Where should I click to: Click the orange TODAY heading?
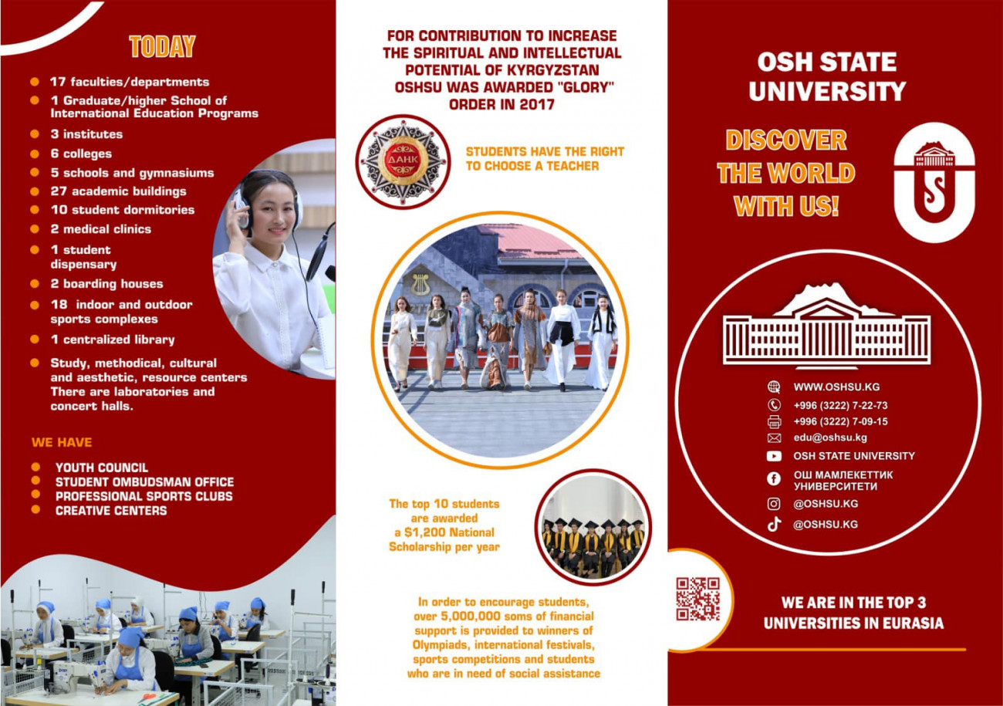pyautogui.click(x=162, y=46)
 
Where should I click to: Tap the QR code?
pyautogui.click(x=698, y=599)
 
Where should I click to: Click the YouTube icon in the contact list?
pyautogui.click(x=774, y=456)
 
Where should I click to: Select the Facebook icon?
pyautogui.click(x=774, y=479)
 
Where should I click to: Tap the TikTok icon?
pyautogui.click(x=774, y=524)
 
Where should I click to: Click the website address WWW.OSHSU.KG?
pyautogui.click(x=836, y=387)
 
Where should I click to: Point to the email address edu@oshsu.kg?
pyautogui.click(x=830, y=437)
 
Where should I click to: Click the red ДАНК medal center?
pyautogui.click(x=403, y=160)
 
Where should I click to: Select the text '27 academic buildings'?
pyautogui.click(x=118, y=191)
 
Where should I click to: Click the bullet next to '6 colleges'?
pyautogui.click(x=35, y=154)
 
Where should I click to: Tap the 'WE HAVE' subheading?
pyautogui.click(x=62, y=442)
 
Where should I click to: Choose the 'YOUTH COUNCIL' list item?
pyautogui.click(x=102, y=468)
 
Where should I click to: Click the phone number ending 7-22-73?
pyautogui.click(x=840, y=406)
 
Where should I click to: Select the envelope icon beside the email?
pyautogui.click(x=774, y=437)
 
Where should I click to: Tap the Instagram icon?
pyautogui.click(x=774, y=504)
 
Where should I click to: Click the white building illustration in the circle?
pyautogui.click(x=826, y=326)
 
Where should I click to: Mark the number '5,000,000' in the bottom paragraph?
pyautogui.click(x=470, y=616)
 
